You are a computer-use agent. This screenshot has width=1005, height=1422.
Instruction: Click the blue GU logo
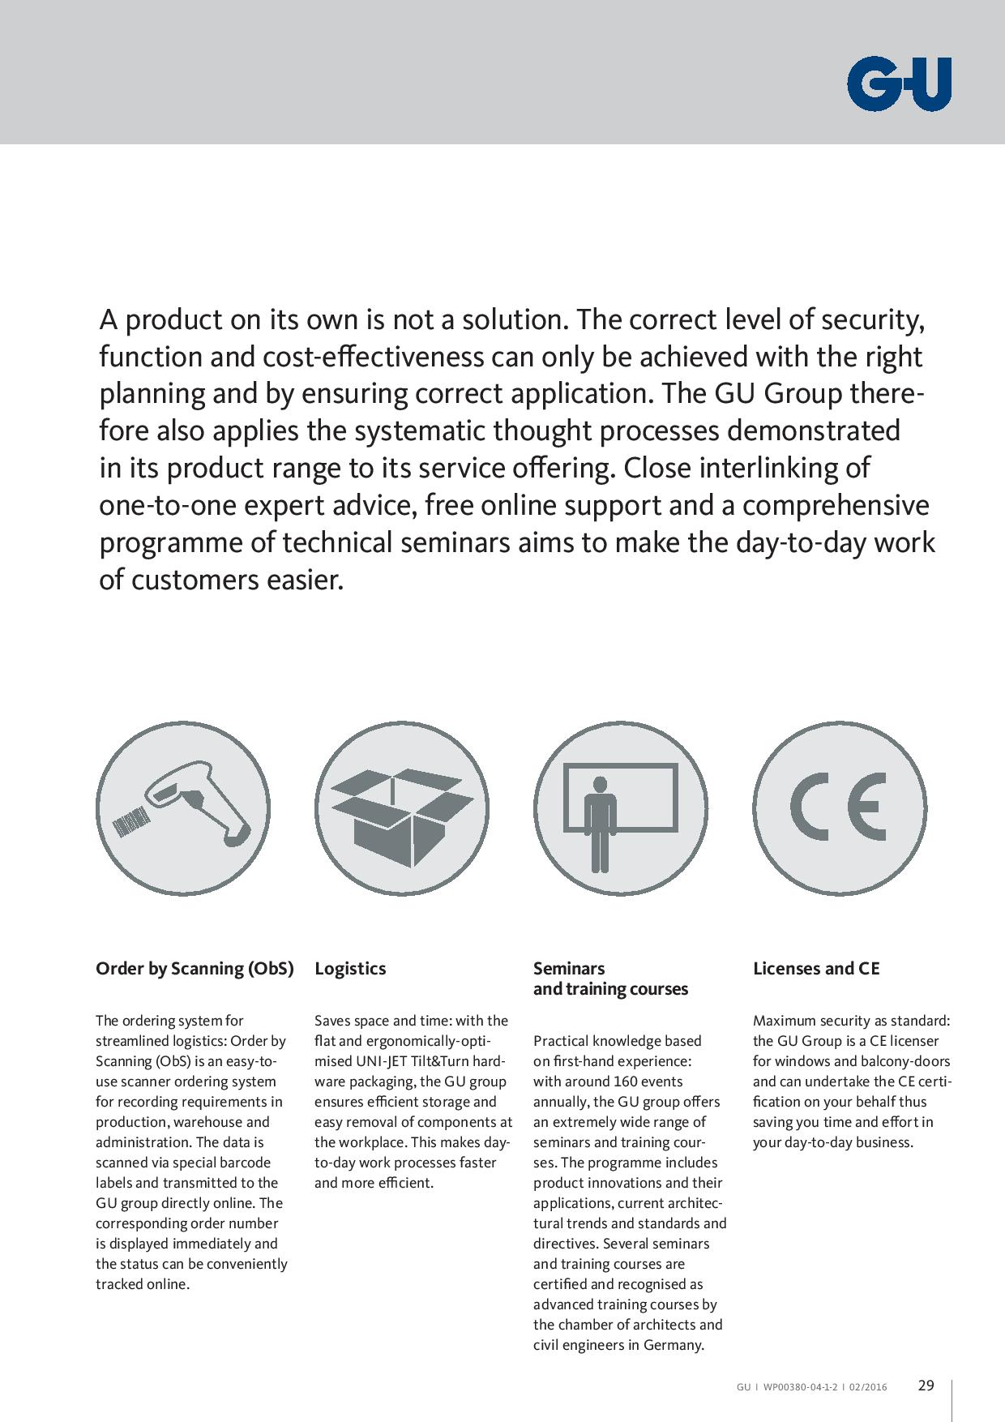[x=899, y=84]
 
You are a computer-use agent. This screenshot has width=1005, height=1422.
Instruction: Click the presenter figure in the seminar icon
[x=600, y=822]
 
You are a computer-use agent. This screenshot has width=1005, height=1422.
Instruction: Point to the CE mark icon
[x=839, y=807]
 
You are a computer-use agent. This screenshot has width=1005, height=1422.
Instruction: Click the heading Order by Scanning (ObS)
[x=195, y=968]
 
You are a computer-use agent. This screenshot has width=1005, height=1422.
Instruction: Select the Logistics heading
[x=350, y=968]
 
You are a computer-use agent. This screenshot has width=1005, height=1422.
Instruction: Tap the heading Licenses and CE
[x=816, y=968]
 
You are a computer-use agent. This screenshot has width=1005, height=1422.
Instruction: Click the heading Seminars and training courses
[x=610, y=979]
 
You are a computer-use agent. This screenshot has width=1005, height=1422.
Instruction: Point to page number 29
[x=926, y=1386]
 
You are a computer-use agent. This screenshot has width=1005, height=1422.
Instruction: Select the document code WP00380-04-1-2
[x=801, y=1387]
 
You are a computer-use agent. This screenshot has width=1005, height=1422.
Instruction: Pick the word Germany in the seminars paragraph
[x=673, y=1345]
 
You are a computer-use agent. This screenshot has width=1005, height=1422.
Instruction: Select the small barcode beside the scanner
[x=131, y=822]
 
